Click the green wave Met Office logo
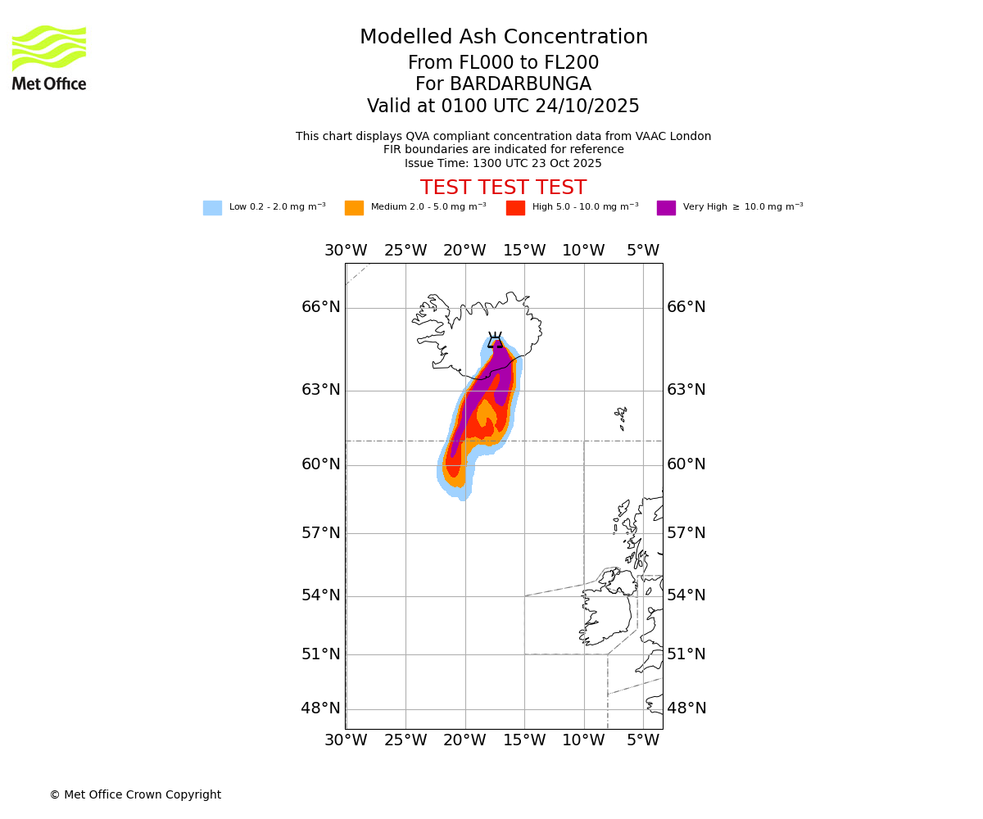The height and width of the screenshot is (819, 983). pyautogui.click(x=49, y=48)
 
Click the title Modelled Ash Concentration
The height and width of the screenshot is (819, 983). pyautogui.click(x=504, y=38)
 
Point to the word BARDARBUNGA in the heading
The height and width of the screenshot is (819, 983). pyautogui.click(x=520, y=84)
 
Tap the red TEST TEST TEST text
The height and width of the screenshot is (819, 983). pyautogui.click(x=503, y=188)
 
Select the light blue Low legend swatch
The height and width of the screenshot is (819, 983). pyautogui.click(x=212, y=208)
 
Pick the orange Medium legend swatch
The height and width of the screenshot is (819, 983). pyautogui.click(x=354, y=208)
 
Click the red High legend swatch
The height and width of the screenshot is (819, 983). pyautogui.click(x=515, y=208)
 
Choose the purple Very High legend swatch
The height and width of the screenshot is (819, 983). pyautogui.click(x=666, y=208)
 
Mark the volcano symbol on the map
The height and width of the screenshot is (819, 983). pyautogui.click(x=495, y=340)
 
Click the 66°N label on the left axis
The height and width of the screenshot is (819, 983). pyautogui.click(x=320, y=307)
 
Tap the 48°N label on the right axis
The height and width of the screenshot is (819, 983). pyautogui.click(x=686, y=708)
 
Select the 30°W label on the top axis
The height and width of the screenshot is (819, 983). pyautogui.click(x=346, y=251)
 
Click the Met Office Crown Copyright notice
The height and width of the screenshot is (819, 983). pyautogui.click(x=135, y=794)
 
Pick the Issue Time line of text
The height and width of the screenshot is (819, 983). pyautogui.click(x=503, y=164)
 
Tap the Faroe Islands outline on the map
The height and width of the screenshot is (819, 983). pyautogui.click(x=621, y=418)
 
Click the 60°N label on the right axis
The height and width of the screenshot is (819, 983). pyautogui.click(x=686, y=464)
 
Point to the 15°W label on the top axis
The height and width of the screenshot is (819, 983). pyautogui.click(x=524, y=251)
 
